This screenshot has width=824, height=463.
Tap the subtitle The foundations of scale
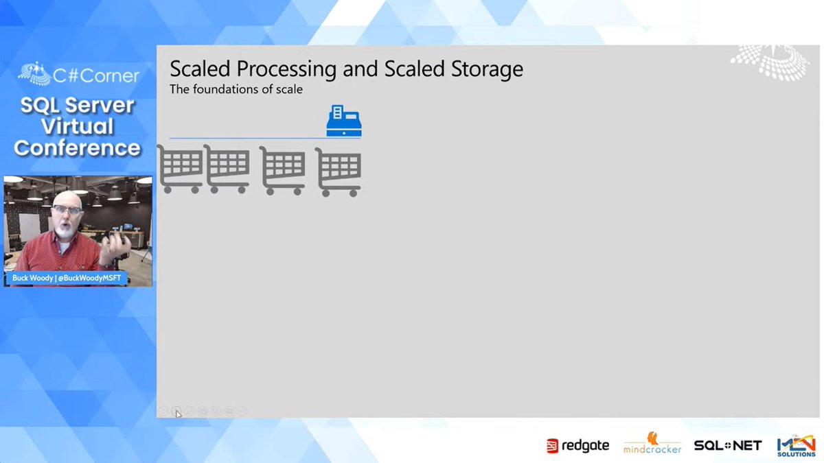click(x=236, y=89)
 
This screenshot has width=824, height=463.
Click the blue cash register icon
click(x=343, y=121)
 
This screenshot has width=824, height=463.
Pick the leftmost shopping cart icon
click(x=181, y=169)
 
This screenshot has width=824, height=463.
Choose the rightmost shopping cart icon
click(x=339, y=173)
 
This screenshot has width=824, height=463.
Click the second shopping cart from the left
click(x=227, y=169)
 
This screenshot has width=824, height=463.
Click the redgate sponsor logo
click(x=577, y=446)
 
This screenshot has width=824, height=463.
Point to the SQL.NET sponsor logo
click(x=727, y=446)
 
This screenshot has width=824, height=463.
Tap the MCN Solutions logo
click(x=797, y=446)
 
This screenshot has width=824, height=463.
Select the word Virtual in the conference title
click(x=77, y=126)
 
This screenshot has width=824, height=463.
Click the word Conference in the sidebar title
click(x=77, y=147)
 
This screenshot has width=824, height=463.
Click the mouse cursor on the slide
click(x=178, y=414)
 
